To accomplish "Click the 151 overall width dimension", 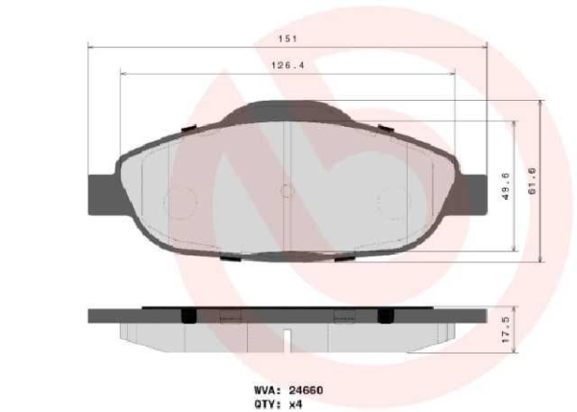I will coord(286,39).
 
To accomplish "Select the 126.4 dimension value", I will coord(286,65).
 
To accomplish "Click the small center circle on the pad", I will coord(287,190).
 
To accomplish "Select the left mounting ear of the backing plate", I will coord(100,192).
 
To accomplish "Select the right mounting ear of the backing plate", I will coord(473,192).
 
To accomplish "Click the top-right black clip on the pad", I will coord(384,126).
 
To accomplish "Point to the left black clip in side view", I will coord(188,316).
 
